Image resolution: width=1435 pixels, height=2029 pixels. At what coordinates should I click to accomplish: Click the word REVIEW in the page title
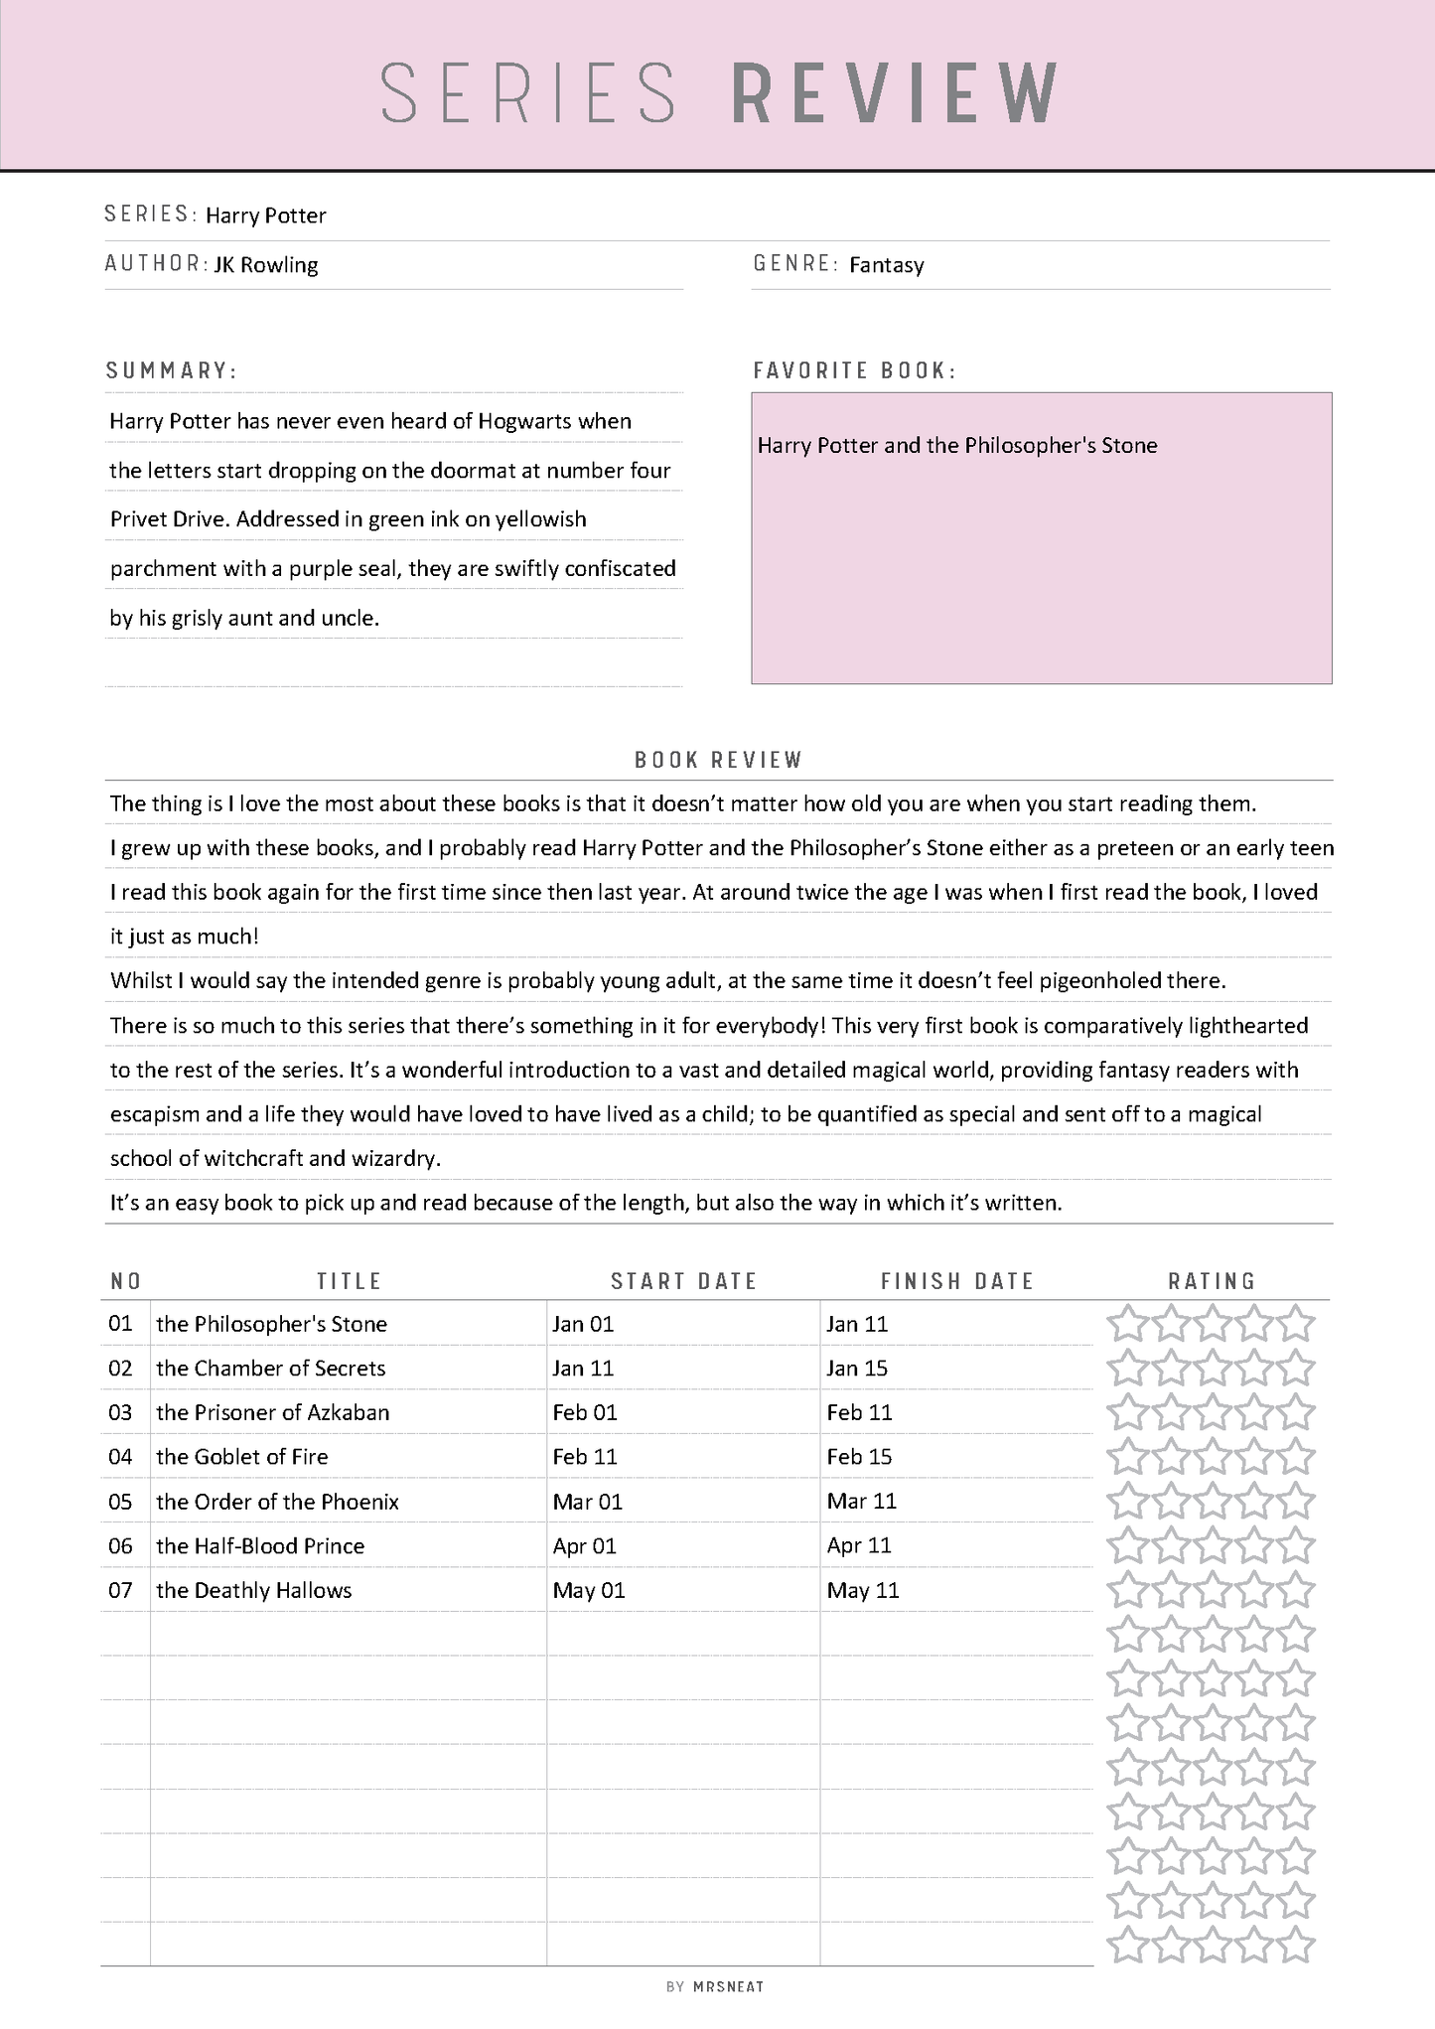coord(894,93)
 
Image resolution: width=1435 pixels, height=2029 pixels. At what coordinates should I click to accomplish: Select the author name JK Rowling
coord(266,265)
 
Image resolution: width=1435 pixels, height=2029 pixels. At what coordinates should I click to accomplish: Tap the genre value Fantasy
coord(886,265)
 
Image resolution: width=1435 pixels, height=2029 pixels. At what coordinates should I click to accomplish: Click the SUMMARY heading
coord(172,370)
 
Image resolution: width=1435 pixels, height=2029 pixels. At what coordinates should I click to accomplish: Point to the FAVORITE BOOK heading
coord(854,370)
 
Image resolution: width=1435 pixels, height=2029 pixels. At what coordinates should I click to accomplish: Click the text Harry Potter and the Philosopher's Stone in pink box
coord(956,446)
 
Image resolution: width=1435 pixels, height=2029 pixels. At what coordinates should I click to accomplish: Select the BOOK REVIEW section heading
coord(718,760)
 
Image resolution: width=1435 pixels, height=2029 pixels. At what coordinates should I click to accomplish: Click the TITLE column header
coord(349,1281)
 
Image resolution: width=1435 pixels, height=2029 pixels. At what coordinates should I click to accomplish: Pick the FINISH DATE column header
coord(956,1281)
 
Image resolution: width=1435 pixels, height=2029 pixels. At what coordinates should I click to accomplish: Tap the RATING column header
coord(1212,1281)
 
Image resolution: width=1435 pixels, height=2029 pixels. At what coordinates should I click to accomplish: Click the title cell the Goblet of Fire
coord(241,1457)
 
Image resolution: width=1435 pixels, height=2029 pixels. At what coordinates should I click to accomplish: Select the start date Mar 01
coord(587,1502)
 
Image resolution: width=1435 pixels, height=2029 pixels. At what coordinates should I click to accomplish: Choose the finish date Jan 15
coord(856,1369)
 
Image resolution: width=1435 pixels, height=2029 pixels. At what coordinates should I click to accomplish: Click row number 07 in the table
coord(120,1590)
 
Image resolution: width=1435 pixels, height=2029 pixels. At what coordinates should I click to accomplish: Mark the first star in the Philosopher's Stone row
coord(1126,1324)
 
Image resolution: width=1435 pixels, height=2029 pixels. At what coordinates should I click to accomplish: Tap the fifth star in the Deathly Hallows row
coord(1296,1590)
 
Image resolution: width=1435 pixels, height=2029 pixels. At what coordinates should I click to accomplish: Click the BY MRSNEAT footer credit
coord(715,1986)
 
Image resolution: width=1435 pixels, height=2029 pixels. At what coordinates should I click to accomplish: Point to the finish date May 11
coord(862,1590)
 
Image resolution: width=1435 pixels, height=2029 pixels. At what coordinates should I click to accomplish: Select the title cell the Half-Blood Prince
coord(260,1546)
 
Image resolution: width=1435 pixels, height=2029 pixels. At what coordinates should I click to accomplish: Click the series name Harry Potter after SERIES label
coord(265,216)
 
